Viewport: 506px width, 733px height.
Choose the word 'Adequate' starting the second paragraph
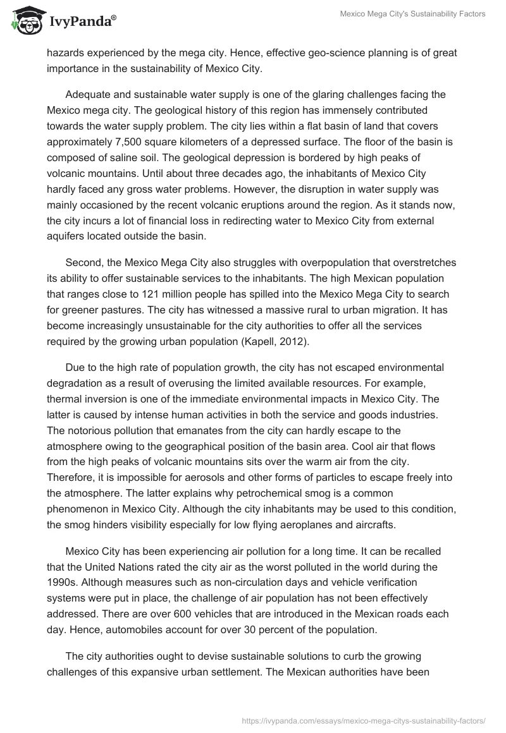pyautogui.click(x=89, y=94)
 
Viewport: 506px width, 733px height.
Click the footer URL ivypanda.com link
pyautogui.click(x=364, y=719)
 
